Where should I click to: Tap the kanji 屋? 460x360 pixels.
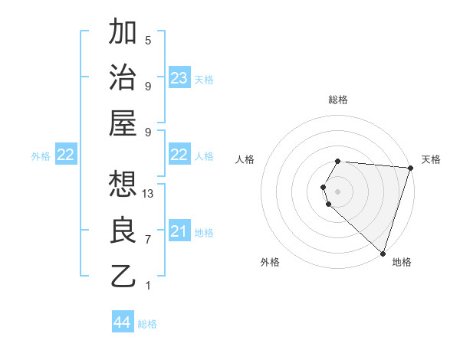123,123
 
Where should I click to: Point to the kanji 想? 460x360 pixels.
123,184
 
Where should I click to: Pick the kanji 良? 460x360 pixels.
123,230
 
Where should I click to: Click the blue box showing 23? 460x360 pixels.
179,78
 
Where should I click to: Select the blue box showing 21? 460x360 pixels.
179,231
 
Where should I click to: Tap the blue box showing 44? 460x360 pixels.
123,322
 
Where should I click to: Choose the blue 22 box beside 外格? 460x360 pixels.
66,155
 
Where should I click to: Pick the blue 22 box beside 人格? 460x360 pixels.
179,155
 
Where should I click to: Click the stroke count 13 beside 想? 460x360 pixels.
148,194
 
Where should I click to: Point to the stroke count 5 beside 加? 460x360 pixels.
148,41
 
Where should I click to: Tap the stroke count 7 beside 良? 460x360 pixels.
148,240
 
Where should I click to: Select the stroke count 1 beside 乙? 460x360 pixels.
148,286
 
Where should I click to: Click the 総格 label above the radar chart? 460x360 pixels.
338,100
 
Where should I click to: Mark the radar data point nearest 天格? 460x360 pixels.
410,169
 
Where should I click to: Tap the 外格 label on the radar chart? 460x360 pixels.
270,262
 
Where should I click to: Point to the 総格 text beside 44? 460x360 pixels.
147,324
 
